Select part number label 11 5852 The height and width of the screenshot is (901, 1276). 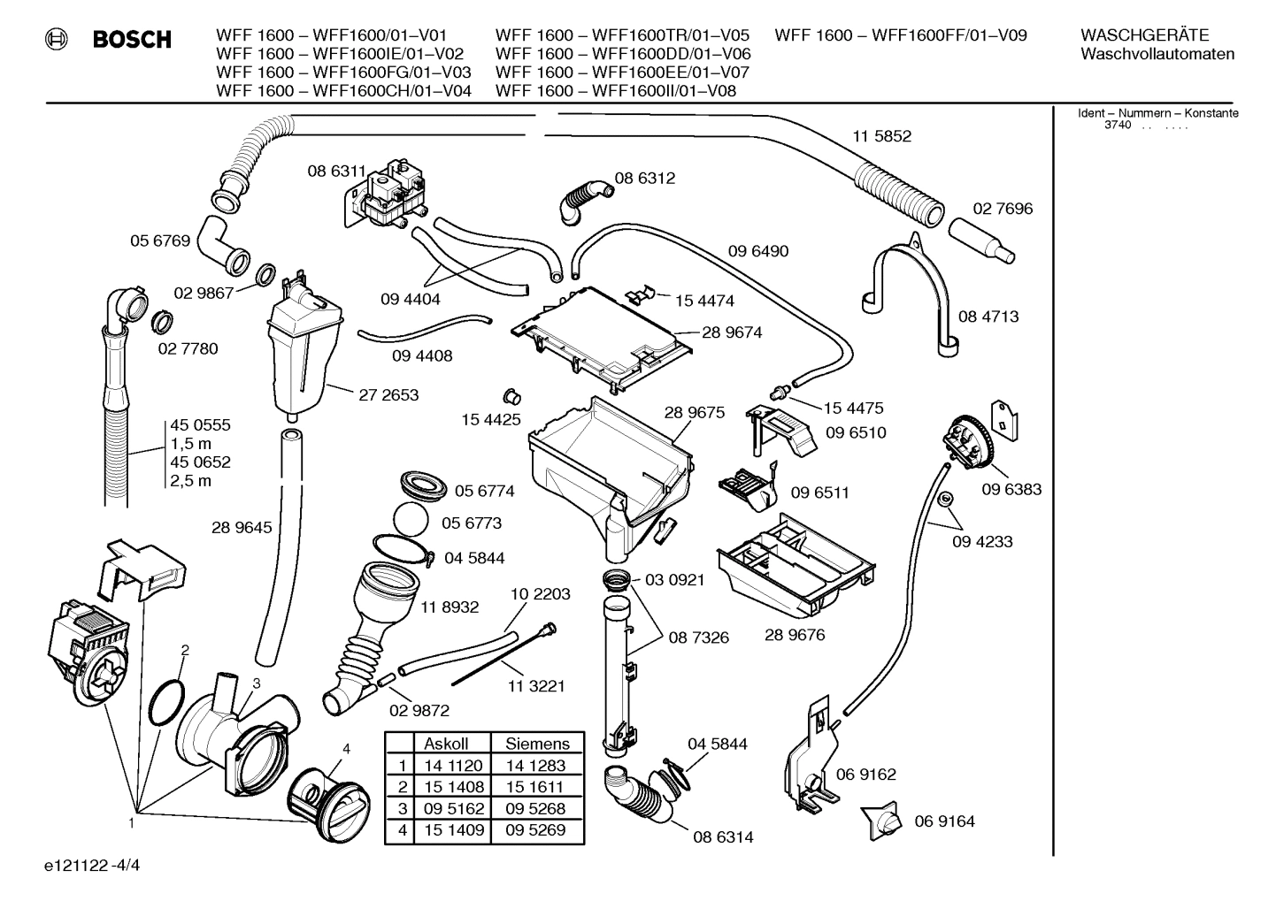881,136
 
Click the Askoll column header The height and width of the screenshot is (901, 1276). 446,744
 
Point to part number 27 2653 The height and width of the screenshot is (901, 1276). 388,395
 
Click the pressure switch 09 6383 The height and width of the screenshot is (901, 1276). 968,443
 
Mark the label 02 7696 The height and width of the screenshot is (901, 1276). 1003,209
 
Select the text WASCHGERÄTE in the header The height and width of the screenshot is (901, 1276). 1144,35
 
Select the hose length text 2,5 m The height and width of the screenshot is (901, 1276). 191,481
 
